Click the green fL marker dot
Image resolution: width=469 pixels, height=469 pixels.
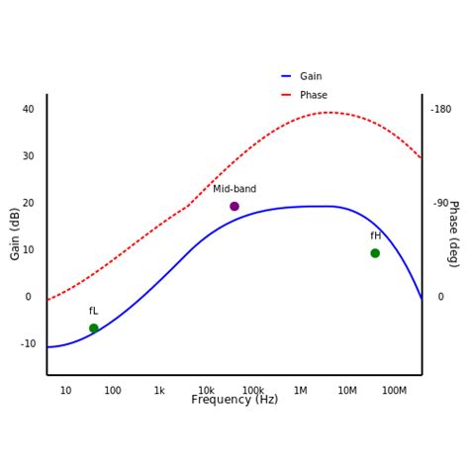pyautogui.click(x=94, y=328)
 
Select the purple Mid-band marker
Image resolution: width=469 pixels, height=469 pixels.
pyautogui.click(x=234, y=207)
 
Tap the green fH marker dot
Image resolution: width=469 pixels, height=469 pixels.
pyautogui.click(x=375, y=253)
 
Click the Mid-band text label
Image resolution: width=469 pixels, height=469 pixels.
pyautogui.click(x=234, y=189)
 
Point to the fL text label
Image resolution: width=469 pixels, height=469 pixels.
pyautogui.click(x=93, y=311)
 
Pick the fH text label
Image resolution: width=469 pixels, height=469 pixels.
pyautogui.click(x=376, y=235)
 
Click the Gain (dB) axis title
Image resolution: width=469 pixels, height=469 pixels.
pyautogui.click(x=15, y=234)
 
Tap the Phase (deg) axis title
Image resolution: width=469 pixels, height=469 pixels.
pyautogui.click(x=453, y=234)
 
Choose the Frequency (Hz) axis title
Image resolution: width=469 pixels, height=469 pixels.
pyautogui.click(x=234, y=400)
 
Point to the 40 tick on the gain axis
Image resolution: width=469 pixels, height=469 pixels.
pyautogui.click(x=28, y=109)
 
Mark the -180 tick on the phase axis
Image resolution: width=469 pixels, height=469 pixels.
pyautogui.click(x=441, y=109)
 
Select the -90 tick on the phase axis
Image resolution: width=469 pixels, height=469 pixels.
pyautogui.click(x=441, y=203)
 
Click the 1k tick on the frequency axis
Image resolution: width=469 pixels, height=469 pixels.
pyautogui.click(x=159, y=391)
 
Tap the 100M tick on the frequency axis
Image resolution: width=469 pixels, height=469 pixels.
pyautogui.click(x=394, y=391)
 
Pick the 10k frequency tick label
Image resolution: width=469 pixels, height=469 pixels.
pyautogui.click(x=206, y=391)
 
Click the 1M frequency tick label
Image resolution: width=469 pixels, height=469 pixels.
pyautogui.click(x=300, y=391)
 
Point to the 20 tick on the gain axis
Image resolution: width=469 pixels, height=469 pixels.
pyautogui.click(x=28, y=203)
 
